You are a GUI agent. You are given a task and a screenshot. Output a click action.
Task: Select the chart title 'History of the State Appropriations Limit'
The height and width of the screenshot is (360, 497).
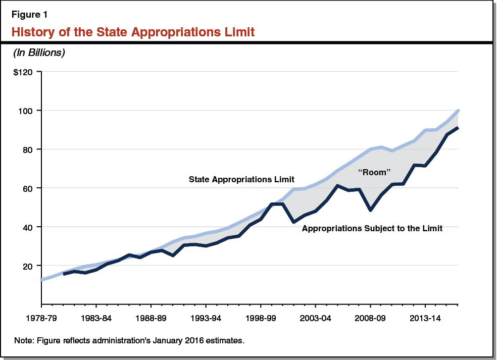coord(133,33)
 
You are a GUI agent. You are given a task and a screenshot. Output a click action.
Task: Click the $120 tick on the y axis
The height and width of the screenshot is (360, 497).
coord(23,72)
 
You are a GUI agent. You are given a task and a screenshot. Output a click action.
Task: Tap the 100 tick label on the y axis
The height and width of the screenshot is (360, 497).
coord(27,111)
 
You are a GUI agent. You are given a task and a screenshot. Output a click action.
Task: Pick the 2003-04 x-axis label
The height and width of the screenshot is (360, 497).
coord(315,319)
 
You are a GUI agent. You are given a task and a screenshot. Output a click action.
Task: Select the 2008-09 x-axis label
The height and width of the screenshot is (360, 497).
coord(370,319)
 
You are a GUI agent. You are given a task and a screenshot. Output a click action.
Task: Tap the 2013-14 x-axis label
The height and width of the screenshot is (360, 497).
coord(425,319)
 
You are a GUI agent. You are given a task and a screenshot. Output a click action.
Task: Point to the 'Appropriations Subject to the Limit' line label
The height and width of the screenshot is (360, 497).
coord(372,229)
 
